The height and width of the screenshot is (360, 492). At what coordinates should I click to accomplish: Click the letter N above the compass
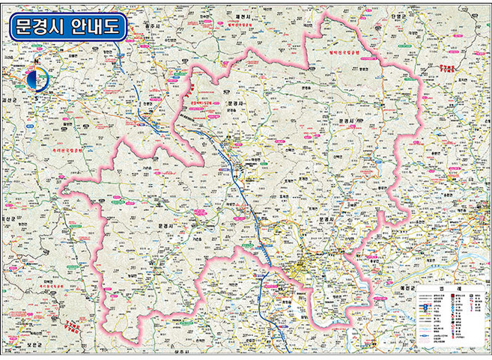[x=35, y=61]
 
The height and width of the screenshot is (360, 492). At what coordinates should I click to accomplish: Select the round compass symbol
[x=35, y=79]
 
